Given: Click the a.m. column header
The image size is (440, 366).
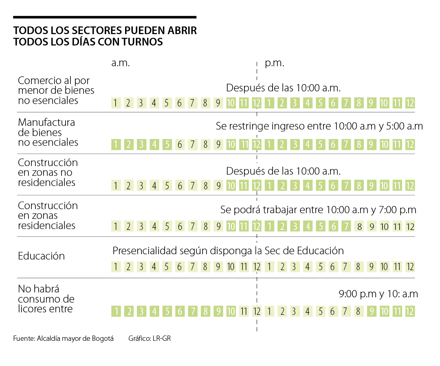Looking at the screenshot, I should tap(120, 63).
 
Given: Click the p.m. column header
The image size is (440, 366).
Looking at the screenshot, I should tap(275, 63).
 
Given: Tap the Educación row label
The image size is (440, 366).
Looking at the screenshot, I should tap(41, 256).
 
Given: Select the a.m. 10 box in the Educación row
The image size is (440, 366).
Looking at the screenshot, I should tap(231, 267).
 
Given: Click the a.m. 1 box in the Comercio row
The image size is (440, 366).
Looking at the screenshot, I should tap(116, 103).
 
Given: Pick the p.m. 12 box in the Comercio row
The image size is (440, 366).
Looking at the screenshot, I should tap(410, 103).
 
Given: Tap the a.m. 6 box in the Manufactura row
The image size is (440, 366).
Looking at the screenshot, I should tap(179, 144).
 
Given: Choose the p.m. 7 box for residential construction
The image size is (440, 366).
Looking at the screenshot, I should tap(345, 226).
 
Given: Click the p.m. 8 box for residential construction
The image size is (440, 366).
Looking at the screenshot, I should tap(359, 226).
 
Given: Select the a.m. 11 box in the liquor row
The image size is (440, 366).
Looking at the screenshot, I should tap(244, 312).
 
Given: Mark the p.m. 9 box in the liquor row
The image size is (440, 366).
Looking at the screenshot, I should tap(371, 312).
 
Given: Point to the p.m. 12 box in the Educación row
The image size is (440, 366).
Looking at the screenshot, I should tap(410, 267).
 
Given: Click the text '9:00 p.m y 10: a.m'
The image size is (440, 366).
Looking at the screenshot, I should tap(378, 294).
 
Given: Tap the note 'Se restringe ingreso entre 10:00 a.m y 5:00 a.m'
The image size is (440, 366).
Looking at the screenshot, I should tap(319, 126).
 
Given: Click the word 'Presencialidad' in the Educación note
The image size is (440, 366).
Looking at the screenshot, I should tap(145, 251).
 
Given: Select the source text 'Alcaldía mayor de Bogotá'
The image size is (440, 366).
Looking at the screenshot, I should tap(75, 338).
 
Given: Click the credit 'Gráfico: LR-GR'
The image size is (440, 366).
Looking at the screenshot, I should tap(149, 338).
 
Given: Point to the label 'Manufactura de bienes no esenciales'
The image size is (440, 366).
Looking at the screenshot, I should tap(48, 132).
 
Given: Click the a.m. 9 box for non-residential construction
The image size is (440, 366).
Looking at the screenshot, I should tap(218, 186).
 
